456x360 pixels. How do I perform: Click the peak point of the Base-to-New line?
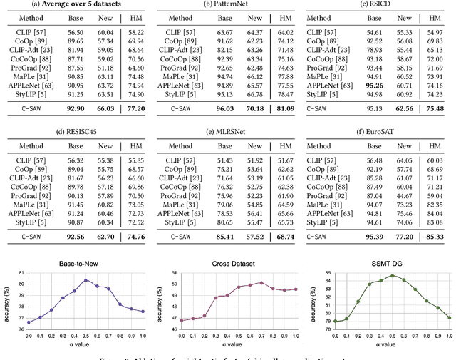click(86, 280)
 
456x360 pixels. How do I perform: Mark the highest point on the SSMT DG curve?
click(391, 275)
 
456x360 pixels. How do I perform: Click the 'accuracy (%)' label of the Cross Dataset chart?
click(159, 299)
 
